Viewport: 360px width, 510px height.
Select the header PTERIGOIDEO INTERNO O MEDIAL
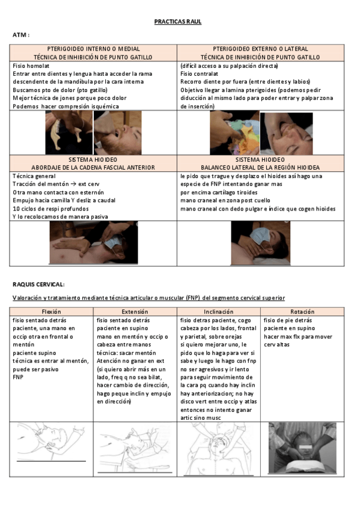pos(94,49)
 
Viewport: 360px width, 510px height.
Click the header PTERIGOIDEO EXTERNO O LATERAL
pos(260,49)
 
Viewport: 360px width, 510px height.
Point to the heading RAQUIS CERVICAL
pos(38,284)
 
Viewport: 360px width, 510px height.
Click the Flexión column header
pos(51,312)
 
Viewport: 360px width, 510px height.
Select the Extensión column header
pos(135,312)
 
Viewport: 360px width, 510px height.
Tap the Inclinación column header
pos(219,312)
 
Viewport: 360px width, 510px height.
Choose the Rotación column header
pos(302,312)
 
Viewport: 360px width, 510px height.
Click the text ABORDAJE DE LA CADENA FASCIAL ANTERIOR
pos(94,167)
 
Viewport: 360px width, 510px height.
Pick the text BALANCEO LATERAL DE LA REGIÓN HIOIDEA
pos(260,167)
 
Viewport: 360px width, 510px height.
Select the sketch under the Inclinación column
pos(218,448)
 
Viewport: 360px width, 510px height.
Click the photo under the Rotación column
pos(302,448)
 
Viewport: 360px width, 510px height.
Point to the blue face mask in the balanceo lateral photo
pos(246,236)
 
